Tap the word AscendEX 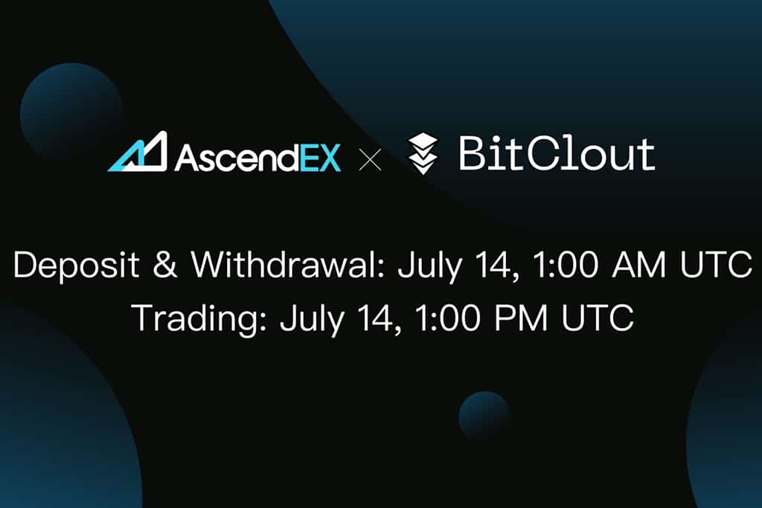point(257,158)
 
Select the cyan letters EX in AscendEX point(320,158)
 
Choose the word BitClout point(557,153)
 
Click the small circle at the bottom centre point(484,415)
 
